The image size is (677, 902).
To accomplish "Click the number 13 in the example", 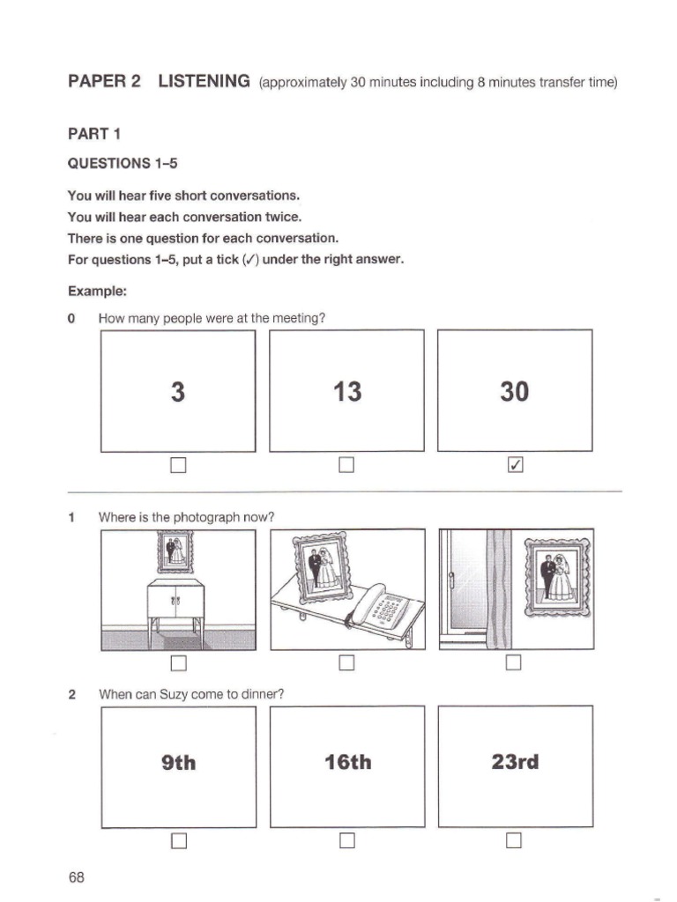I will click(x=347, y=391).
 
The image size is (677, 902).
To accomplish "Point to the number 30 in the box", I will click(x=514, y=391).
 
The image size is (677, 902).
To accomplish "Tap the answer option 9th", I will click(x=179, y=763).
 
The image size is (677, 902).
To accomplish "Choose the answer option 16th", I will click(x=347, y=763).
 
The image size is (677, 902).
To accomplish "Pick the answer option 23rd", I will click(x=514, y=762).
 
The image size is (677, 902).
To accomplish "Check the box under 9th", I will click(x=179, y=841).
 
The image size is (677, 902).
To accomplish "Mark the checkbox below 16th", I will click(x=346, y=841).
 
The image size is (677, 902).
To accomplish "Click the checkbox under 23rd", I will click(x=515, y=841).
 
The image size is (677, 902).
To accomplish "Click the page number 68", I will click(x=76, y=877).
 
